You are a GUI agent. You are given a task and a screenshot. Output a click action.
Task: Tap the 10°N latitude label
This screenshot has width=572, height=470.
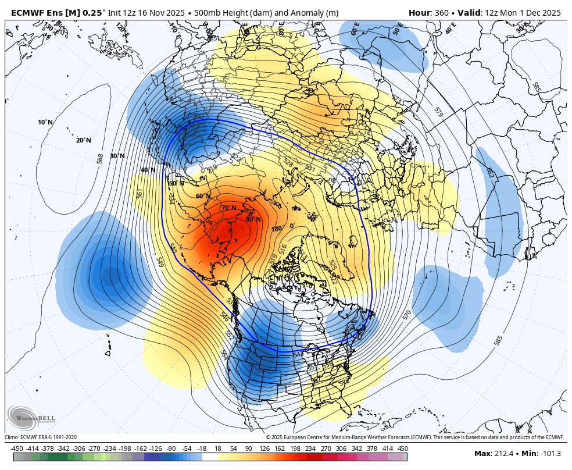[x=45, y=122]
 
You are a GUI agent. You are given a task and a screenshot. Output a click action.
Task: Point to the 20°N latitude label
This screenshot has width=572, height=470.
[x=83, y=140]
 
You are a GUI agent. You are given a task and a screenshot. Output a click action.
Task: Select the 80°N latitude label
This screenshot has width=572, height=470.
[x=253, y=219]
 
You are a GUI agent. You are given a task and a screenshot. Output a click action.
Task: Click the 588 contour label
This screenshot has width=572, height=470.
[x=100, y=159]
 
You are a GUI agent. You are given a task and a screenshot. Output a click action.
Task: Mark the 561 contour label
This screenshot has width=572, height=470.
[x=140, y=193]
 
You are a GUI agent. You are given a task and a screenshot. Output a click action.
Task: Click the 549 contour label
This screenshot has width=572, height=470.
[x=160, y=262]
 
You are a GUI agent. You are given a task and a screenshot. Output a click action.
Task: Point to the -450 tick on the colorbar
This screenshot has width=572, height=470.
[x=17, y=448]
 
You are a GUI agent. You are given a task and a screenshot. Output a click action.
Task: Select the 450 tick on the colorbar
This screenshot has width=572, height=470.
[x=403, y=448]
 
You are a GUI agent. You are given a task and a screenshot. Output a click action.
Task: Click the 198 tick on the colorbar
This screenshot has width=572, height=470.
[x=295, y=448]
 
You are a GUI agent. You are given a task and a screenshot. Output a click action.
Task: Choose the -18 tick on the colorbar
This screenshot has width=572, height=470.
[x=202, y=448]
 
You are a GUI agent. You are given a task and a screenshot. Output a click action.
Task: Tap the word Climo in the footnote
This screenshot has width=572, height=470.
[x=12, y=437]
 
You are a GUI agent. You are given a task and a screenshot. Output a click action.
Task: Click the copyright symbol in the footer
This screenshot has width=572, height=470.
[x=268, y=437]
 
